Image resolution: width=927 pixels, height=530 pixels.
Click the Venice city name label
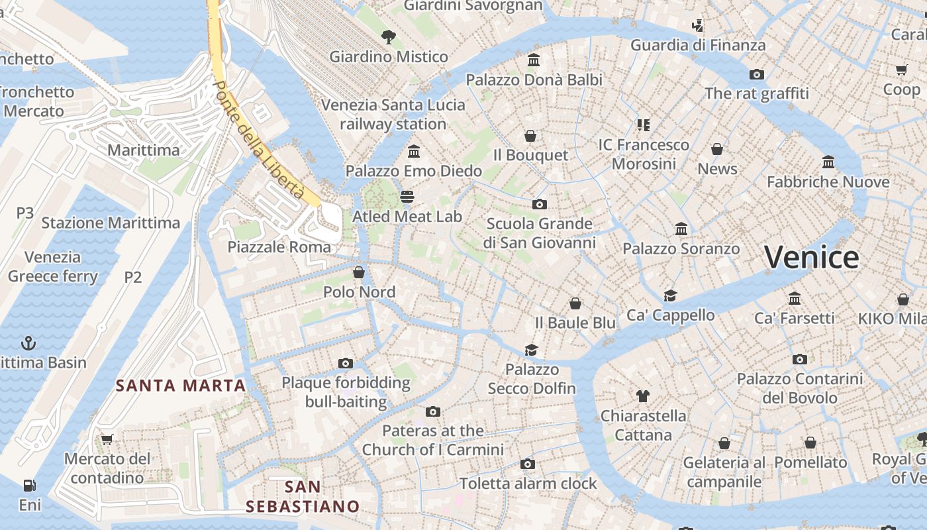coord(812,257)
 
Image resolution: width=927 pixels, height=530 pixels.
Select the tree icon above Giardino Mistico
coord(389,37)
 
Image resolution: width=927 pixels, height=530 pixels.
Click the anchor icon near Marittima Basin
coord(28,343)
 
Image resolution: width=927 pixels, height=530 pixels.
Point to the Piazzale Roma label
coord(279,247)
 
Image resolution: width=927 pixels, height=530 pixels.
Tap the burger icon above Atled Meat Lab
coord(407,197)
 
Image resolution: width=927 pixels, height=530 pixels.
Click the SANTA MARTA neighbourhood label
coord(181,385)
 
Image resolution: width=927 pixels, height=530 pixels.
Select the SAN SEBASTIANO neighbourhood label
coord(303,497)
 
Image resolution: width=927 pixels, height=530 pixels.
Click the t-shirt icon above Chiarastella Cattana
coord(642,396)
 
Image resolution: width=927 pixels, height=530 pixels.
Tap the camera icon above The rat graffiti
coord(756,74)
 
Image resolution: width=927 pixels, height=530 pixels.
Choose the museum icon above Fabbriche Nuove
coord(828,162)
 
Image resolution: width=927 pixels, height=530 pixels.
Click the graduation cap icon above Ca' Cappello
coord(670,295)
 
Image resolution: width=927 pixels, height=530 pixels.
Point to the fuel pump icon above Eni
coord(29,486)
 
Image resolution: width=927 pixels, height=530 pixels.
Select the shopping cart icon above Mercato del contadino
coord(107,439)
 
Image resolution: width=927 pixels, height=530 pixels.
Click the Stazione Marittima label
coord(111,223)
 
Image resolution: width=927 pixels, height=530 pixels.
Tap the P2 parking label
coord(133,277)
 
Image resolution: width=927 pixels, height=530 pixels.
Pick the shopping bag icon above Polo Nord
coord(358,272)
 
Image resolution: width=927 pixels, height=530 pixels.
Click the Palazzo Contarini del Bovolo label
coord(800,388)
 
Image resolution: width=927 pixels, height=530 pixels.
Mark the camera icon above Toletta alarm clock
coord(528,464)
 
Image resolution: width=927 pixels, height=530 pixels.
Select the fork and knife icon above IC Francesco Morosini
coord(643,125)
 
